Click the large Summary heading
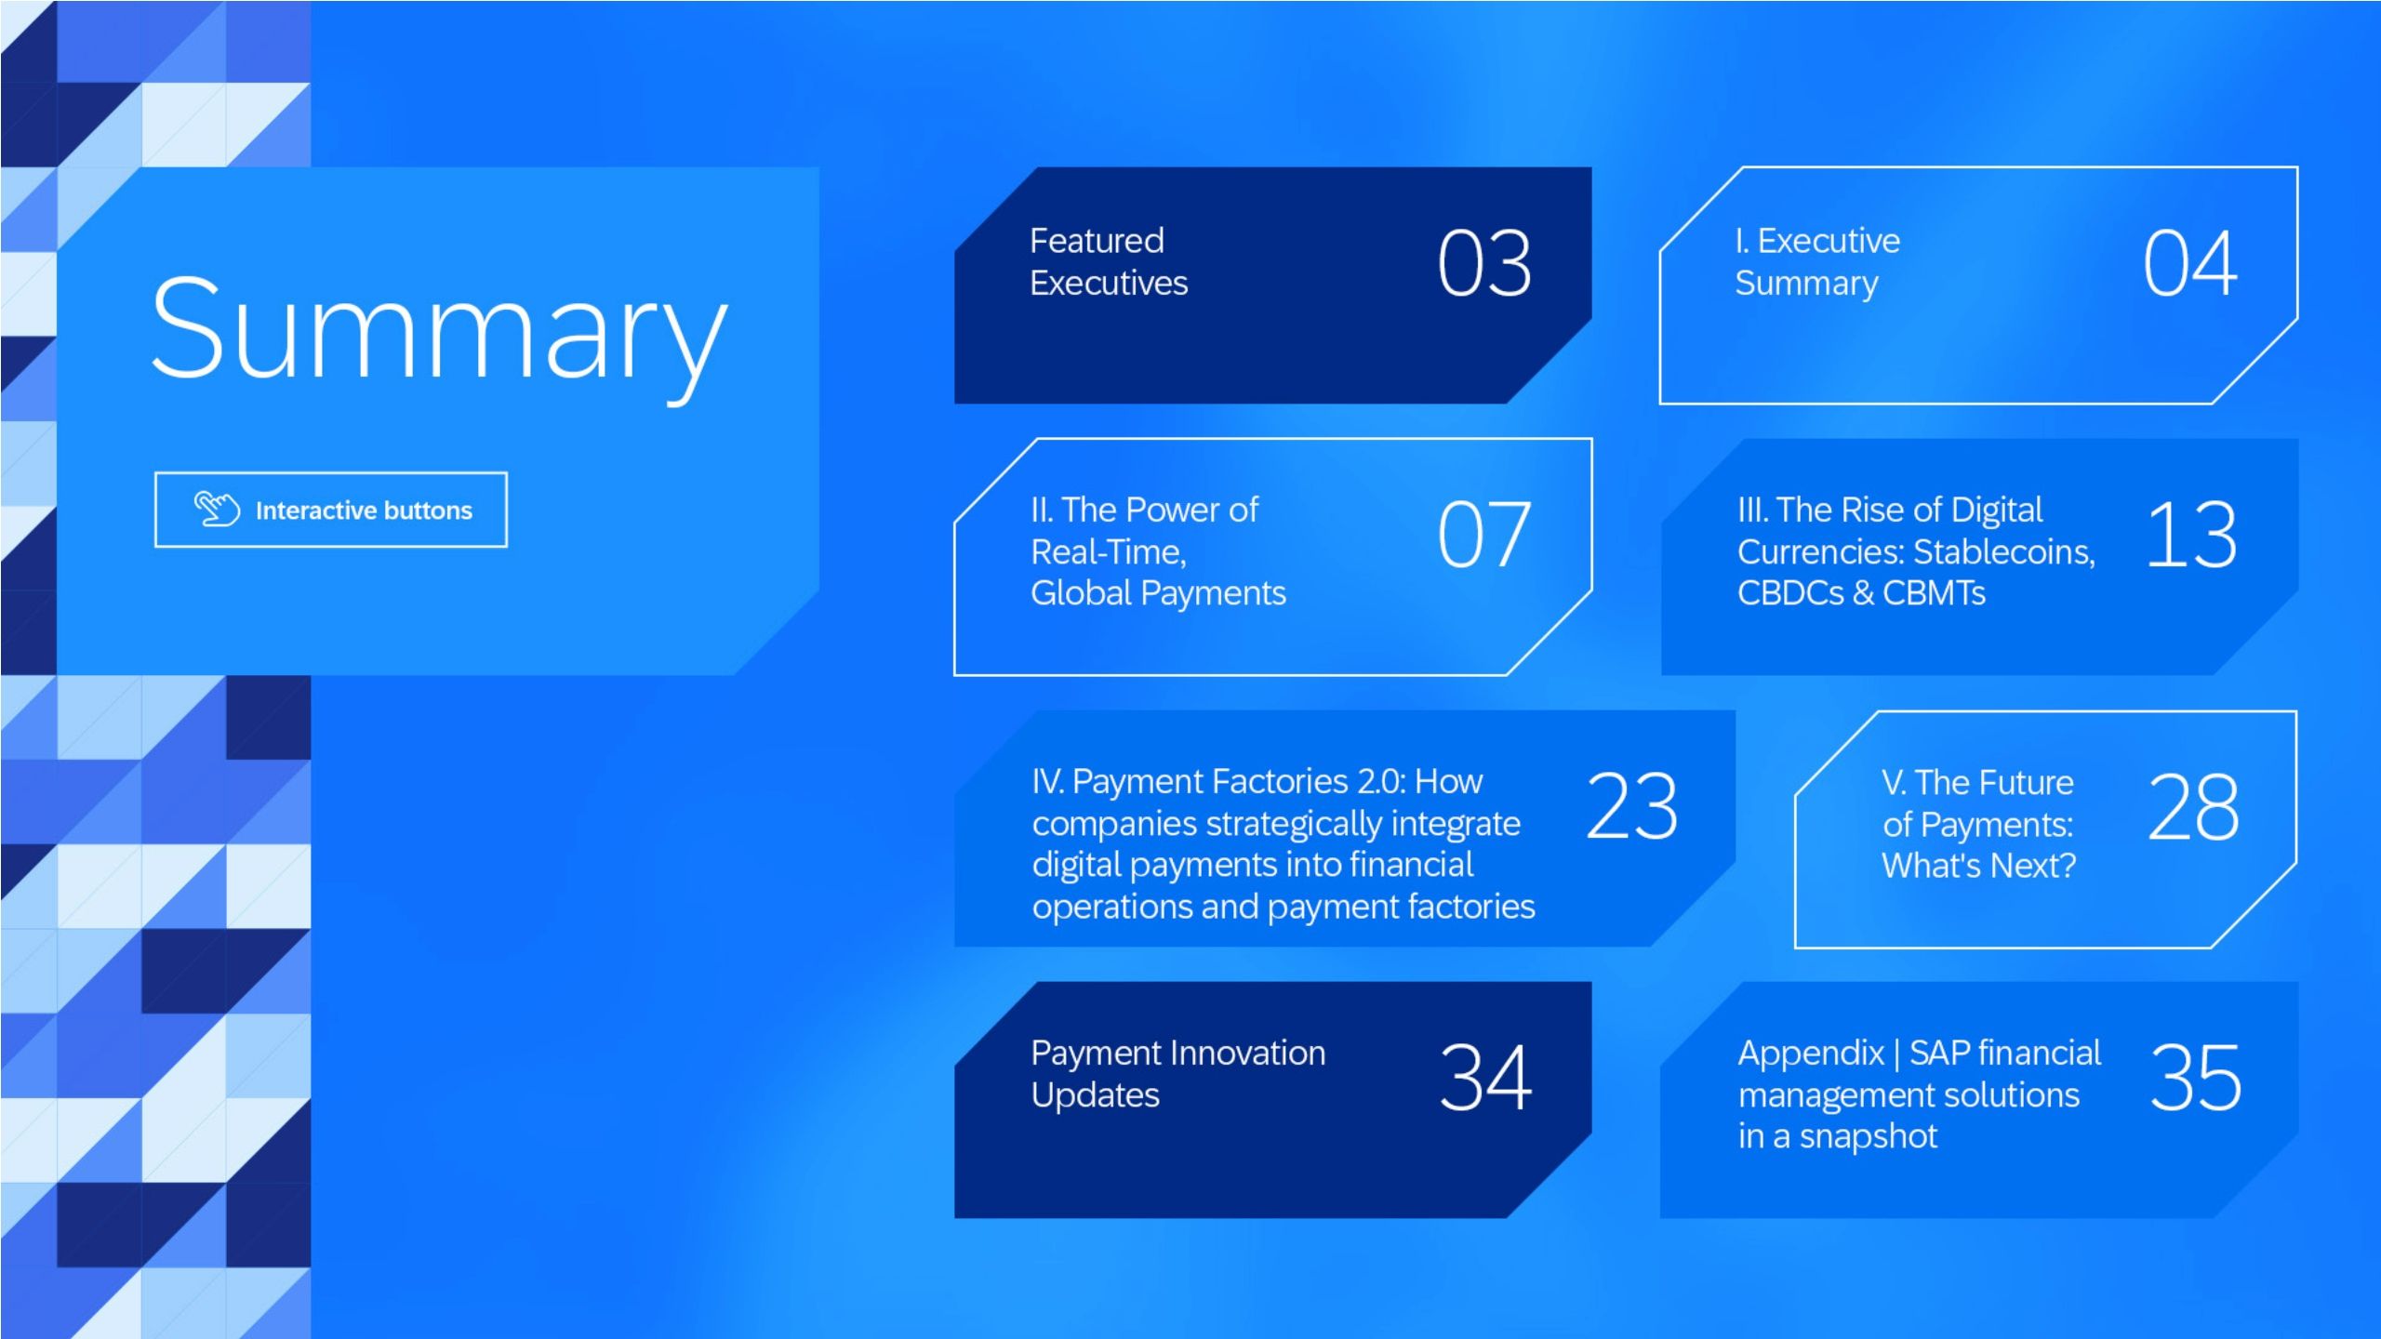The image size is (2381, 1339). click(x=439, y=330)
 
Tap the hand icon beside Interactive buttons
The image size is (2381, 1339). click(x=217, y=509)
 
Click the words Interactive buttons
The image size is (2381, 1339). click(x=364, y=510)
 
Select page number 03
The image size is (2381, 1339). click(x=1484, y=264)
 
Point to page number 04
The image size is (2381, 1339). click(x=2190, y=264)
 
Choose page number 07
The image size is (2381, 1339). click(x=1484, y=535)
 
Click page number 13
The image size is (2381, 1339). click(x=2191, y=535)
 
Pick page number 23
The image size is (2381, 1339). click(x=1632, y=806)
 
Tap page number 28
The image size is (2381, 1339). click(x=2193, y=807)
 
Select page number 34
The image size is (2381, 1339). click(x=1485, y=1078)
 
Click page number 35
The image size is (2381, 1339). click(x=2195, y=1078)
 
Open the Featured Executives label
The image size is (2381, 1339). click(x=1108, y=262)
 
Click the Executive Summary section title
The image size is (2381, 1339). click(x=1816, y=262)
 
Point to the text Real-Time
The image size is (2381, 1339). click(x=1108, y=552)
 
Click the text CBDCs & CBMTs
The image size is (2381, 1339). click(x=1860, y=593)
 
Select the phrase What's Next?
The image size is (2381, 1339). click(x=1978, y=866)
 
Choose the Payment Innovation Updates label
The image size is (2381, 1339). click(x=1177, y=1074)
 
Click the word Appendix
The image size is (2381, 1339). click(x=1810, y=1054)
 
